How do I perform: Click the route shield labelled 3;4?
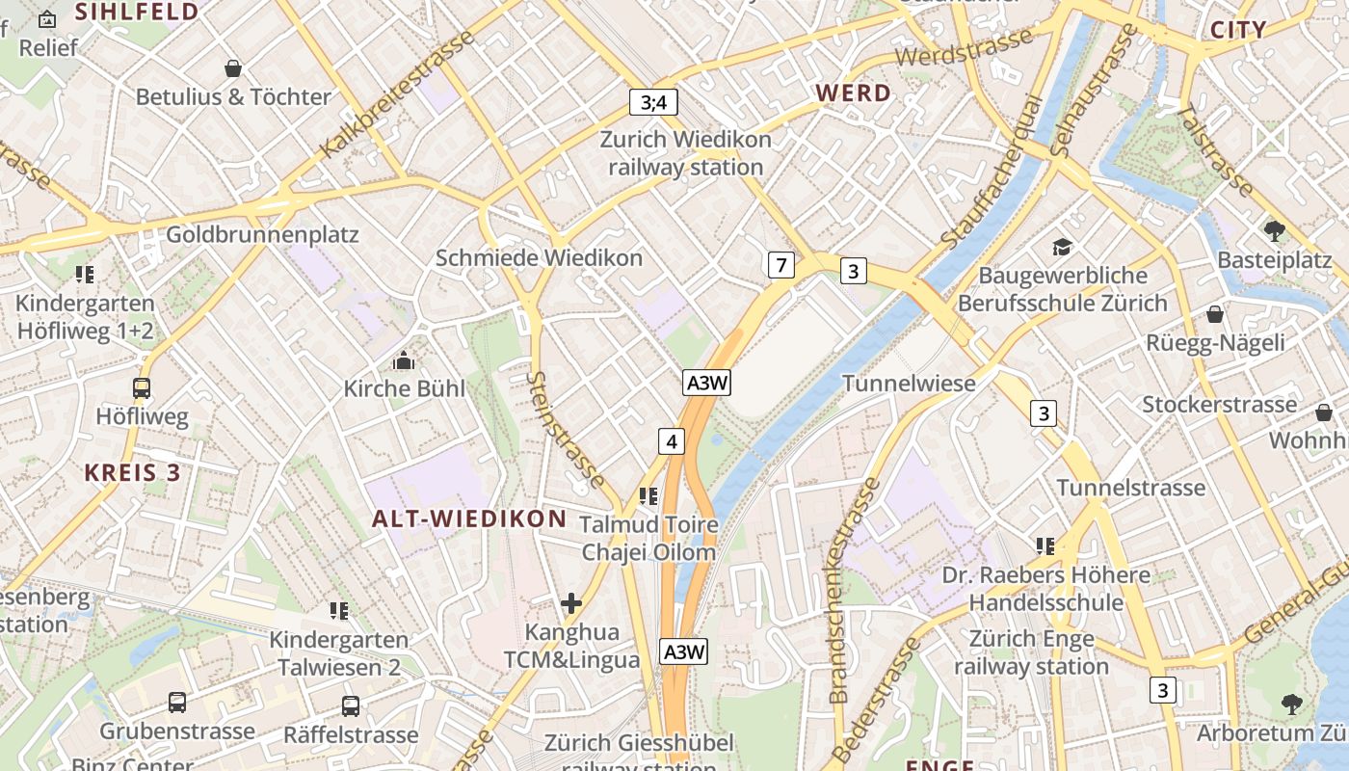(653, 102)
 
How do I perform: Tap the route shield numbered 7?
(780, 264)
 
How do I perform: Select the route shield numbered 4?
(672, 441)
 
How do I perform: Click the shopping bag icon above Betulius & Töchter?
(232, 68)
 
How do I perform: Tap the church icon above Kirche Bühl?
(403, 361)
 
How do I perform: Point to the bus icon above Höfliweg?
(142, 388)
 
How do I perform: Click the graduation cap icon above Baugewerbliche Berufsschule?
(1062, 248)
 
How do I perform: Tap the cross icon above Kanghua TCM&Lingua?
(571, 604)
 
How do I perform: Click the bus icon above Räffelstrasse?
(351, 705)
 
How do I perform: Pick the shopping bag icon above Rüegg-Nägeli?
(1215, 314)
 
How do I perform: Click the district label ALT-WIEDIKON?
(469, 518)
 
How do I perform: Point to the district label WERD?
(853, 93)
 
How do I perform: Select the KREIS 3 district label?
(133, 473)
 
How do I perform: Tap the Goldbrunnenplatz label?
(262, 235)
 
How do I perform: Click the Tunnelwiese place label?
(909, 384)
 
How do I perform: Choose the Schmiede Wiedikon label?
(539, 258)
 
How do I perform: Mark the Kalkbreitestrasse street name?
(397, 94)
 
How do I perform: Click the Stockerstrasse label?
(1219, 404)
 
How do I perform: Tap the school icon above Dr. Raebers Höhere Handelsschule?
(1045, 546)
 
